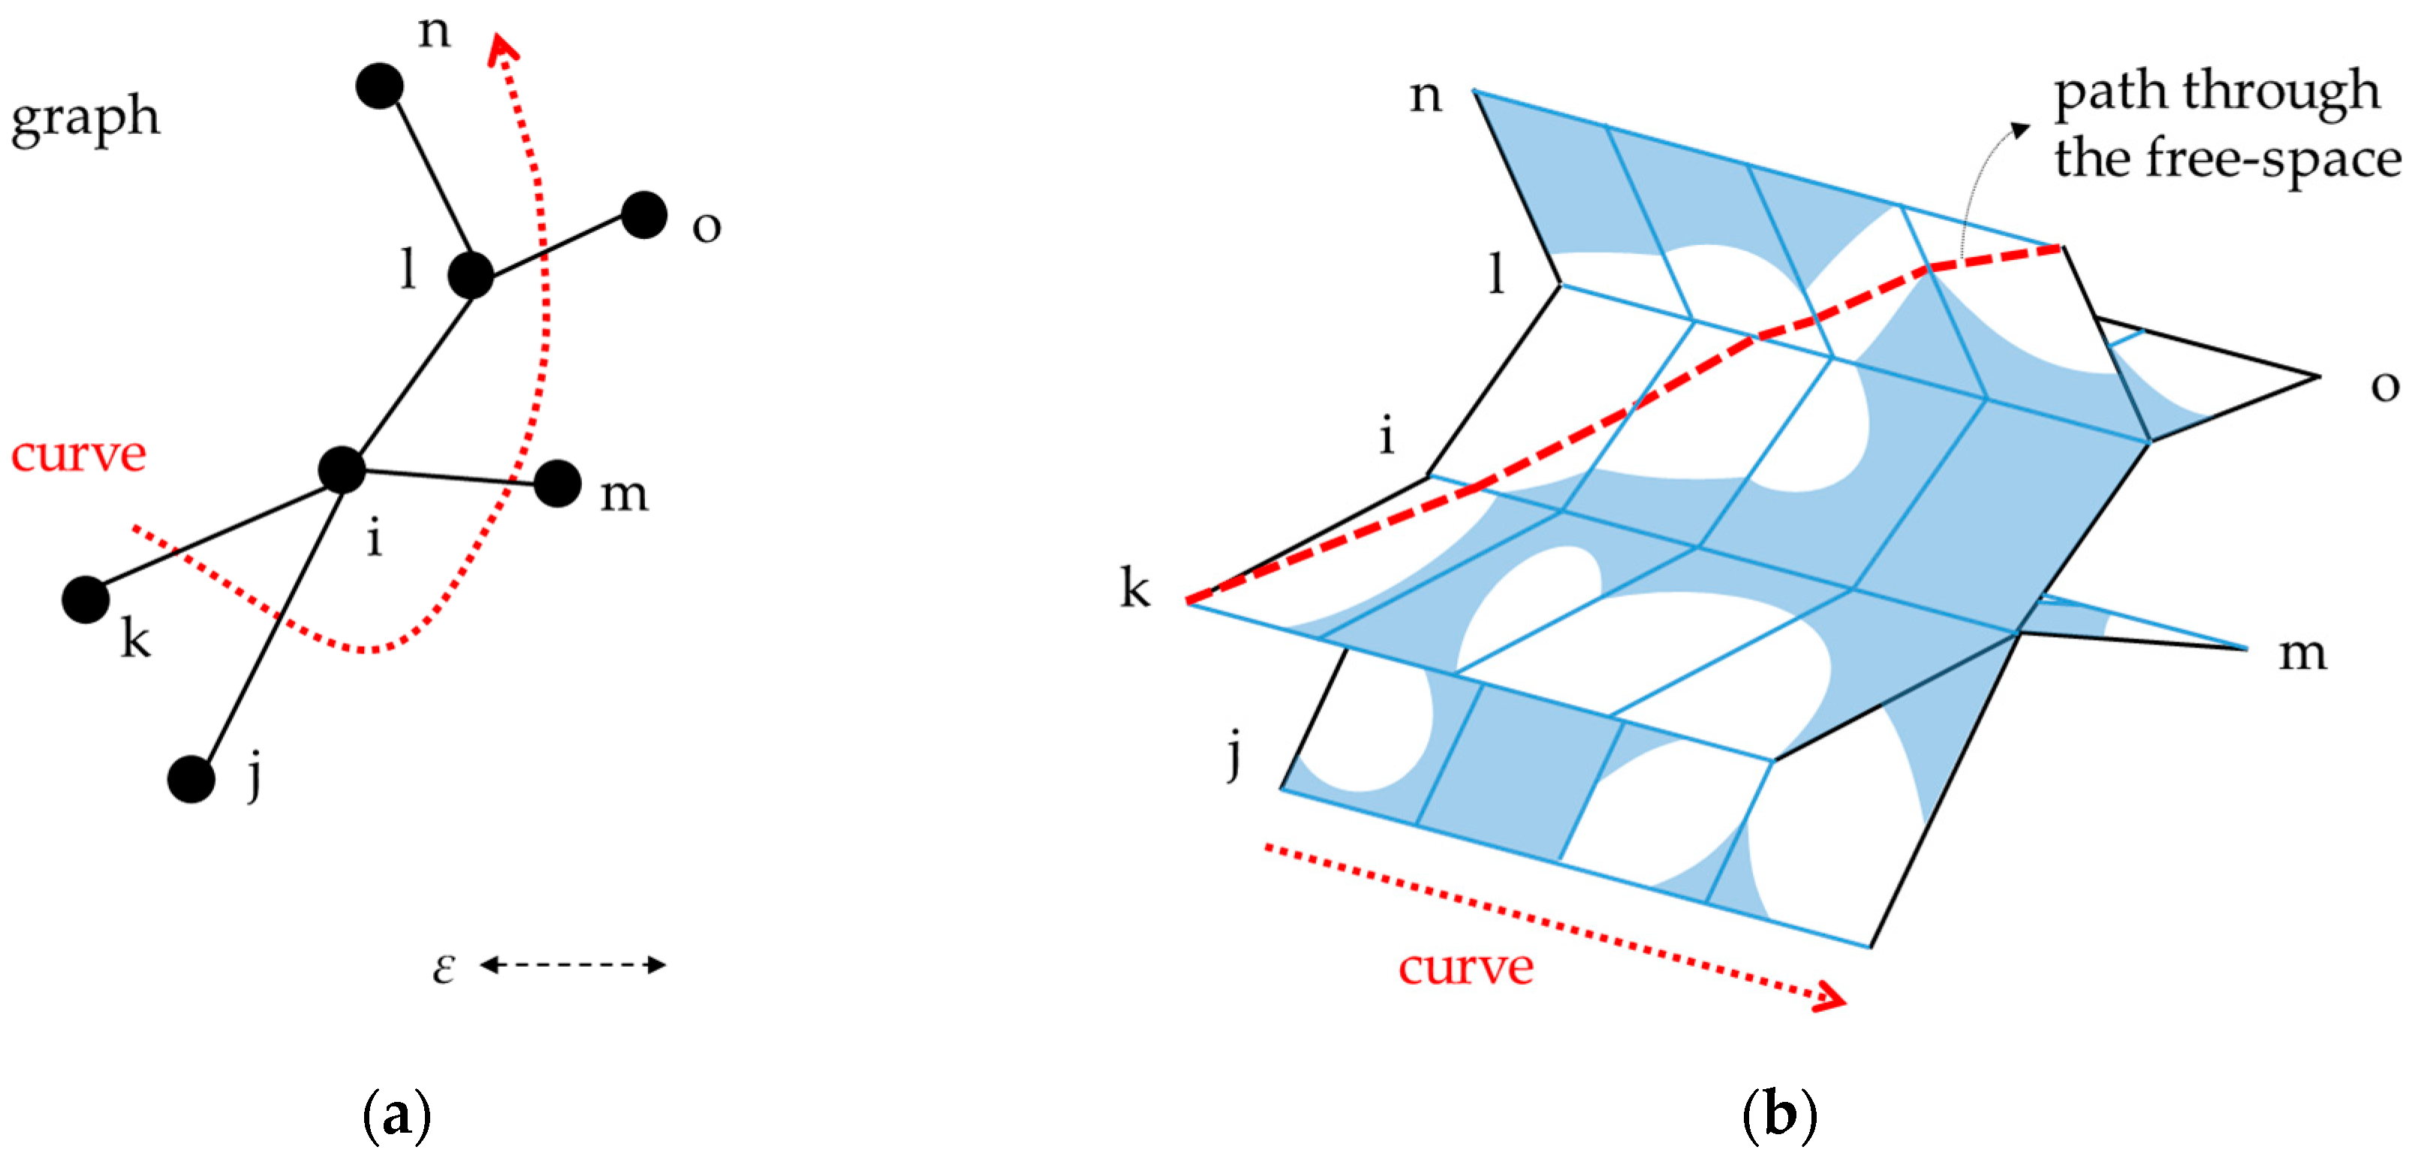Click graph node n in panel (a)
tap(380, 86)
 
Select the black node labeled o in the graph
tap(644, 215)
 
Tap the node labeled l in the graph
tap(471, 276)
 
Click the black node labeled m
tap(558, 484)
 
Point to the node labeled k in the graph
tap(86, 599)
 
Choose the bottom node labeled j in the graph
tap(191, 778)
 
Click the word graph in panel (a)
tap(86, 119)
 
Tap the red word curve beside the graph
tap(79, 456)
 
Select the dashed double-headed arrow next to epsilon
tap(573, 964)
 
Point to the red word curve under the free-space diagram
tap(1465, 968)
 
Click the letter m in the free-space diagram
tap(2302, 653)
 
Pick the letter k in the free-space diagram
tap(1134, 589)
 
